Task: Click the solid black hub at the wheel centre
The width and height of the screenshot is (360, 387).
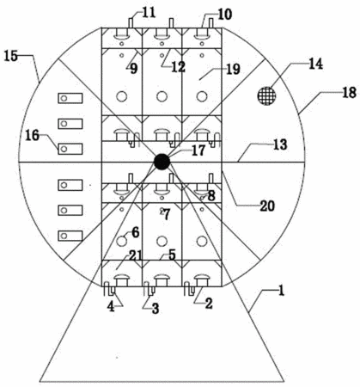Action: (162, 162)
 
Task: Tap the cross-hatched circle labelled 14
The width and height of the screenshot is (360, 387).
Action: (266, 95)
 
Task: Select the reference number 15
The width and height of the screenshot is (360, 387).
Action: (11, 56)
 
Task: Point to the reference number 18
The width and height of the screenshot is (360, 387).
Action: (349, 93)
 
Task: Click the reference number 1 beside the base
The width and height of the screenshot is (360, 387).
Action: (281, 291)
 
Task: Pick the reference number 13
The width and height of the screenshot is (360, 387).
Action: (279, 144)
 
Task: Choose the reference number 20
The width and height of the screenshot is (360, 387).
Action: (267, 206)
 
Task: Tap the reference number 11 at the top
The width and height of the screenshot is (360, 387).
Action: (149, 13)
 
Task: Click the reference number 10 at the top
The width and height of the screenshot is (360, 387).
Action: (225, 15)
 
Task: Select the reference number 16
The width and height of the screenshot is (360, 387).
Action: (32, 135)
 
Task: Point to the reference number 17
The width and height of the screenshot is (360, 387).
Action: (198, 150)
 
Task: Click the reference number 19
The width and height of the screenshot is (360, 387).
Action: (233, 69)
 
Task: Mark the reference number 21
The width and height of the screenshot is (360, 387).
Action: (135, 255)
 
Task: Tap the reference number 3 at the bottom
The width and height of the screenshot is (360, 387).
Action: (156, 309)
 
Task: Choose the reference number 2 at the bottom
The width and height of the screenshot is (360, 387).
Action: (208, 304)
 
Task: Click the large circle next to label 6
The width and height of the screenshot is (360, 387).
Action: (122, 241)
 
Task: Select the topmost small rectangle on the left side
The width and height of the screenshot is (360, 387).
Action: (70, 98)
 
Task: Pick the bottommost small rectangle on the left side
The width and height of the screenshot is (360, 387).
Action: (70, 236)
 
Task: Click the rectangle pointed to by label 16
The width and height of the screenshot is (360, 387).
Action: (70, 149)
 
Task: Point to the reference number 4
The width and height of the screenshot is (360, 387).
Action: (111, 307)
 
